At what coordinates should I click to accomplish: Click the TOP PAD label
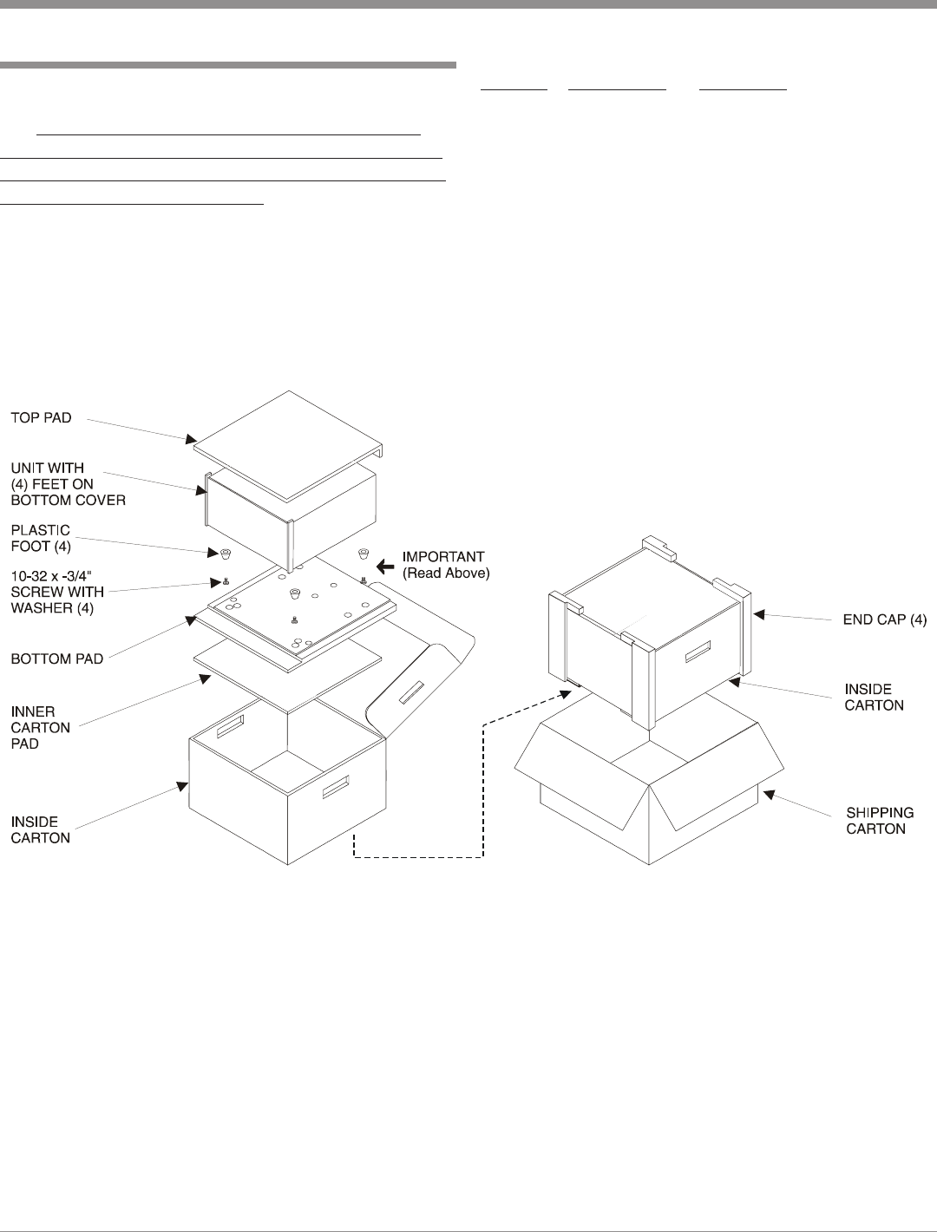pos(41,418)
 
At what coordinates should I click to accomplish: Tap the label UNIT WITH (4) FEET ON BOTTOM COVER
pos(68,484)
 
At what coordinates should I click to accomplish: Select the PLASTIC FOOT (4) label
pos(41,538)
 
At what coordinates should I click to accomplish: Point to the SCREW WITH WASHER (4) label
pos(57,592)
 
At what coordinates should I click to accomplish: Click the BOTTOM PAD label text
pos(57,659)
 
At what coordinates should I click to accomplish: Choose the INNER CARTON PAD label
pos(40,728)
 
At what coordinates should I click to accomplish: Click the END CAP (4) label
pos(885,620)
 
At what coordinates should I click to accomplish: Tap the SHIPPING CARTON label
pos(880,821)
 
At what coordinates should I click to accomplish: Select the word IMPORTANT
pos(443,557)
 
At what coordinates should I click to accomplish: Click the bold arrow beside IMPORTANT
pos(383,566)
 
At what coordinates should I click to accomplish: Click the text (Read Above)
pos(446,573)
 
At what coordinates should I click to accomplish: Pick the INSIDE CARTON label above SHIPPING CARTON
pos(874,698)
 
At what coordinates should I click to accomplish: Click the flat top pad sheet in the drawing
pos(286,442)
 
